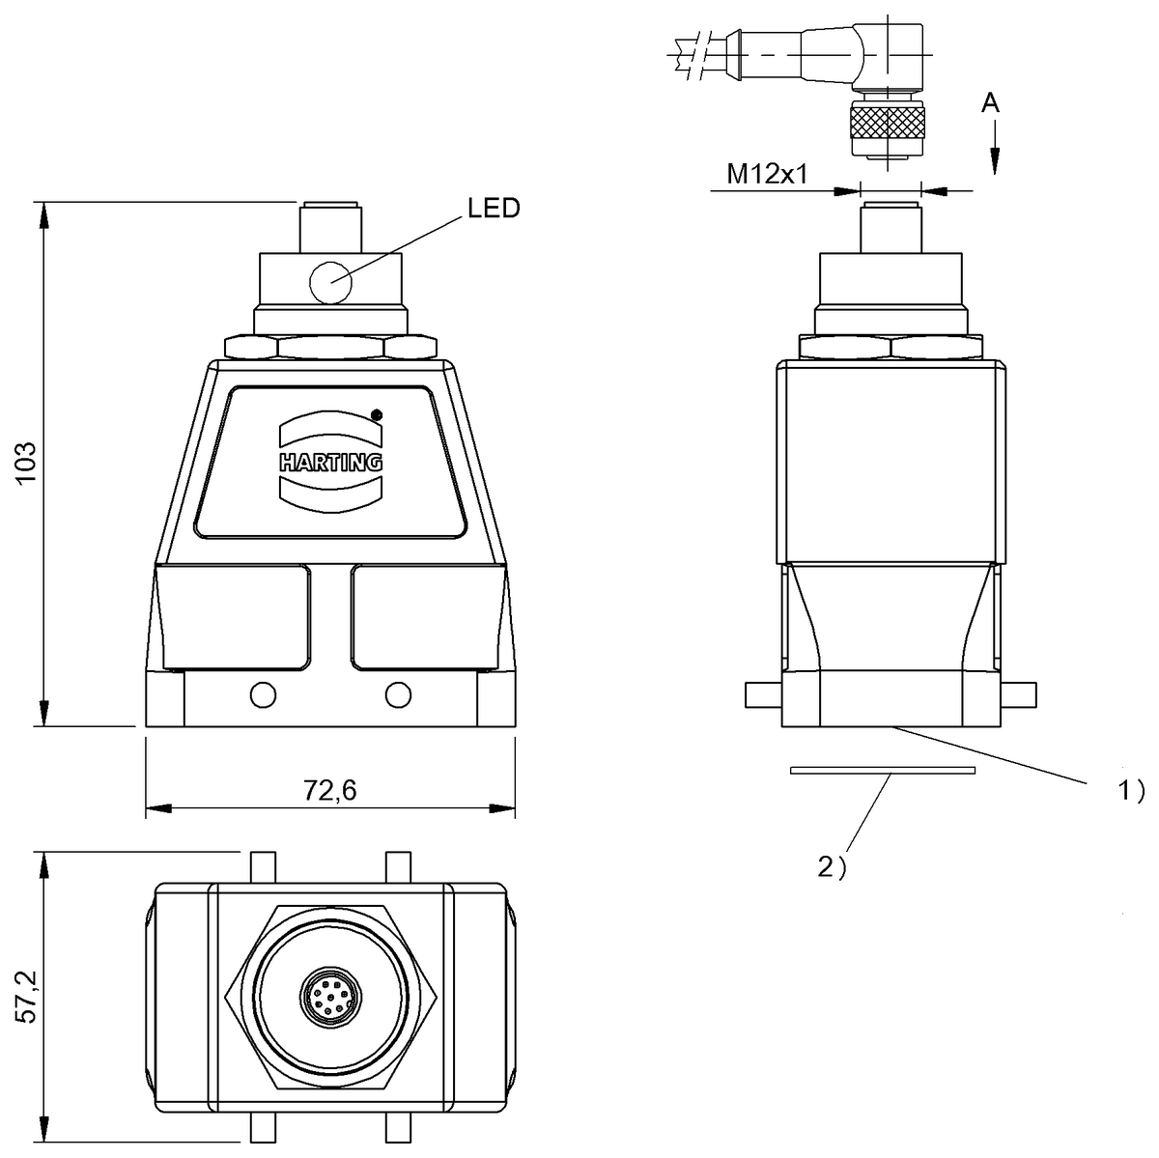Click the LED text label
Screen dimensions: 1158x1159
coord(494,209)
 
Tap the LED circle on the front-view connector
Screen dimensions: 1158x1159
coord(329,283)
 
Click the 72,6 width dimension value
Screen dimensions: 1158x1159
coord(330,790)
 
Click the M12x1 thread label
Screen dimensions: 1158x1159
coord(767,174)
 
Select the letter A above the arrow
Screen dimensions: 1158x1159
coord(991,103)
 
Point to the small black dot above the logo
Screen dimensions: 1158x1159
coord(377,415)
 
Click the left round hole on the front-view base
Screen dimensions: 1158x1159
coord(262,694)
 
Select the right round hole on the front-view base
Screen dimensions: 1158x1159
coord(397,694)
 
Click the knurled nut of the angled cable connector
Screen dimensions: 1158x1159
coord(887,123)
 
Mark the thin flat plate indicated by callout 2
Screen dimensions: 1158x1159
coord(882,770)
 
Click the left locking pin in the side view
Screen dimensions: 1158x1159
coord(764,693)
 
